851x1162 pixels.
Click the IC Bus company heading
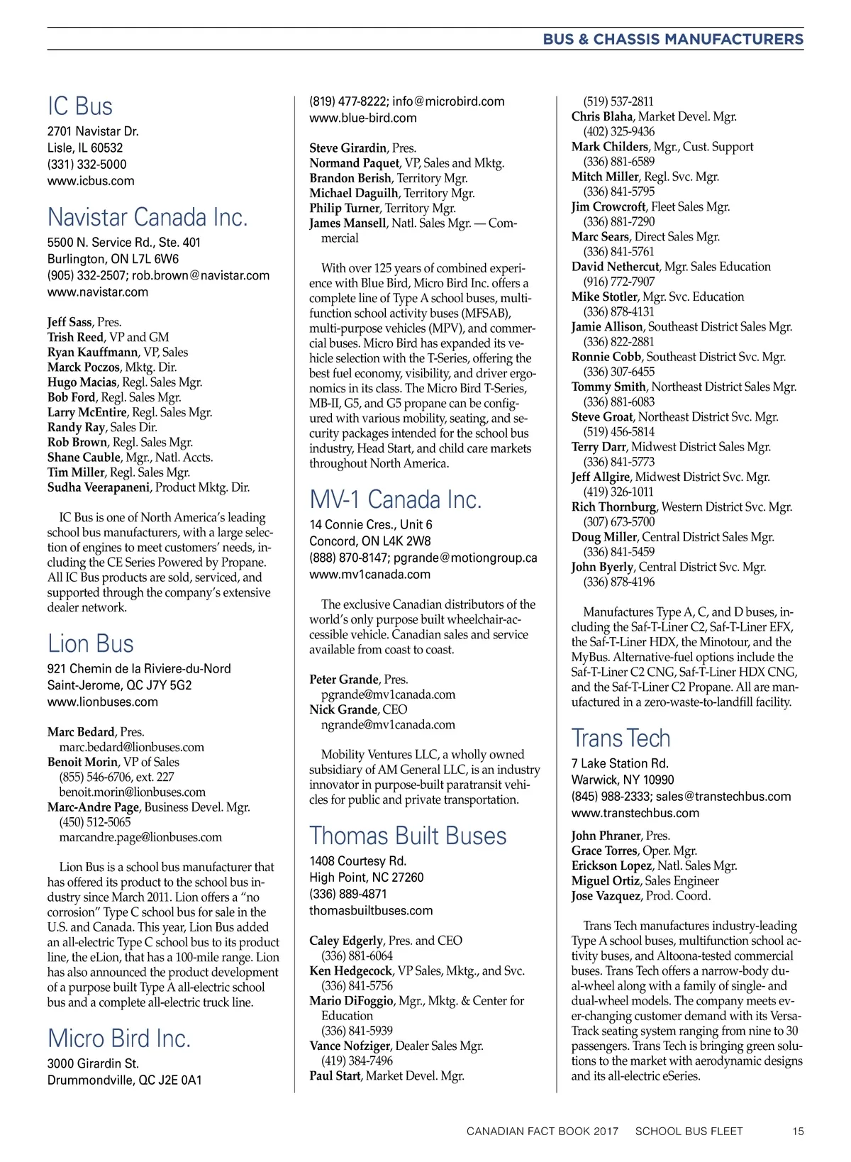(x=80, y=106)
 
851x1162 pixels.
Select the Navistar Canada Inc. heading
(x=148, y=217)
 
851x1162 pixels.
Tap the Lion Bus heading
(x=91, y=643)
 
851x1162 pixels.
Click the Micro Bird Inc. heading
(x=119, y=1039)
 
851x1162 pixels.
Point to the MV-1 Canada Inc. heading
(x=395, y=499)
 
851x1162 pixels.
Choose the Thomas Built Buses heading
(x=408, y=836)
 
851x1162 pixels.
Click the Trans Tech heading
(x=621, y=738)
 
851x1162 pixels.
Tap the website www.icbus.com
(x=91, y=181)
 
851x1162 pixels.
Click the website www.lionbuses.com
(x=103, y=702)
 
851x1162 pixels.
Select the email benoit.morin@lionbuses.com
(x=132, y=792)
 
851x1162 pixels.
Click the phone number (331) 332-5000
(x=87, y=165)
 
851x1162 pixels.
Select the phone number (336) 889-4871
(x=348, y=894)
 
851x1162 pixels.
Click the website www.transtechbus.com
(x=635, y=813)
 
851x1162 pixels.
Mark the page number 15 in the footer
(x=798, y=1131)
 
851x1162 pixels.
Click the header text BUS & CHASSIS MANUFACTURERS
(x=673, y=39)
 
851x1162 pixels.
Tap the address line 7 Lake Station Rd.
(x=620, y=763)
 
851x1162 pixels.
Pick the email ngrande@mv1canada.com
(x=388, y=725)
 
